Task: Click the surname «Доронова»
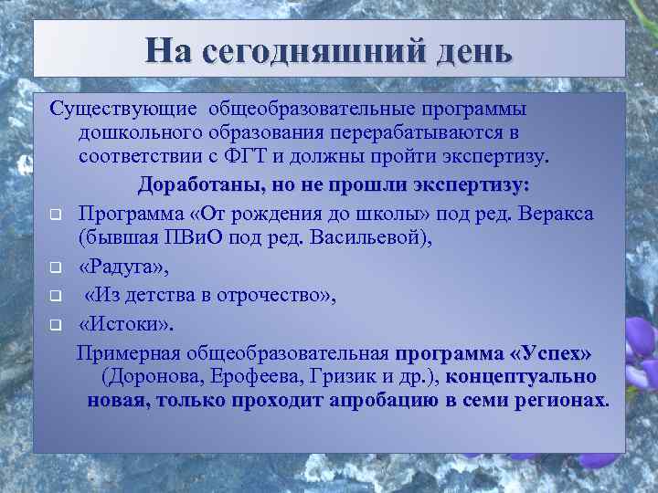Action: (x=178, y=376)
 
